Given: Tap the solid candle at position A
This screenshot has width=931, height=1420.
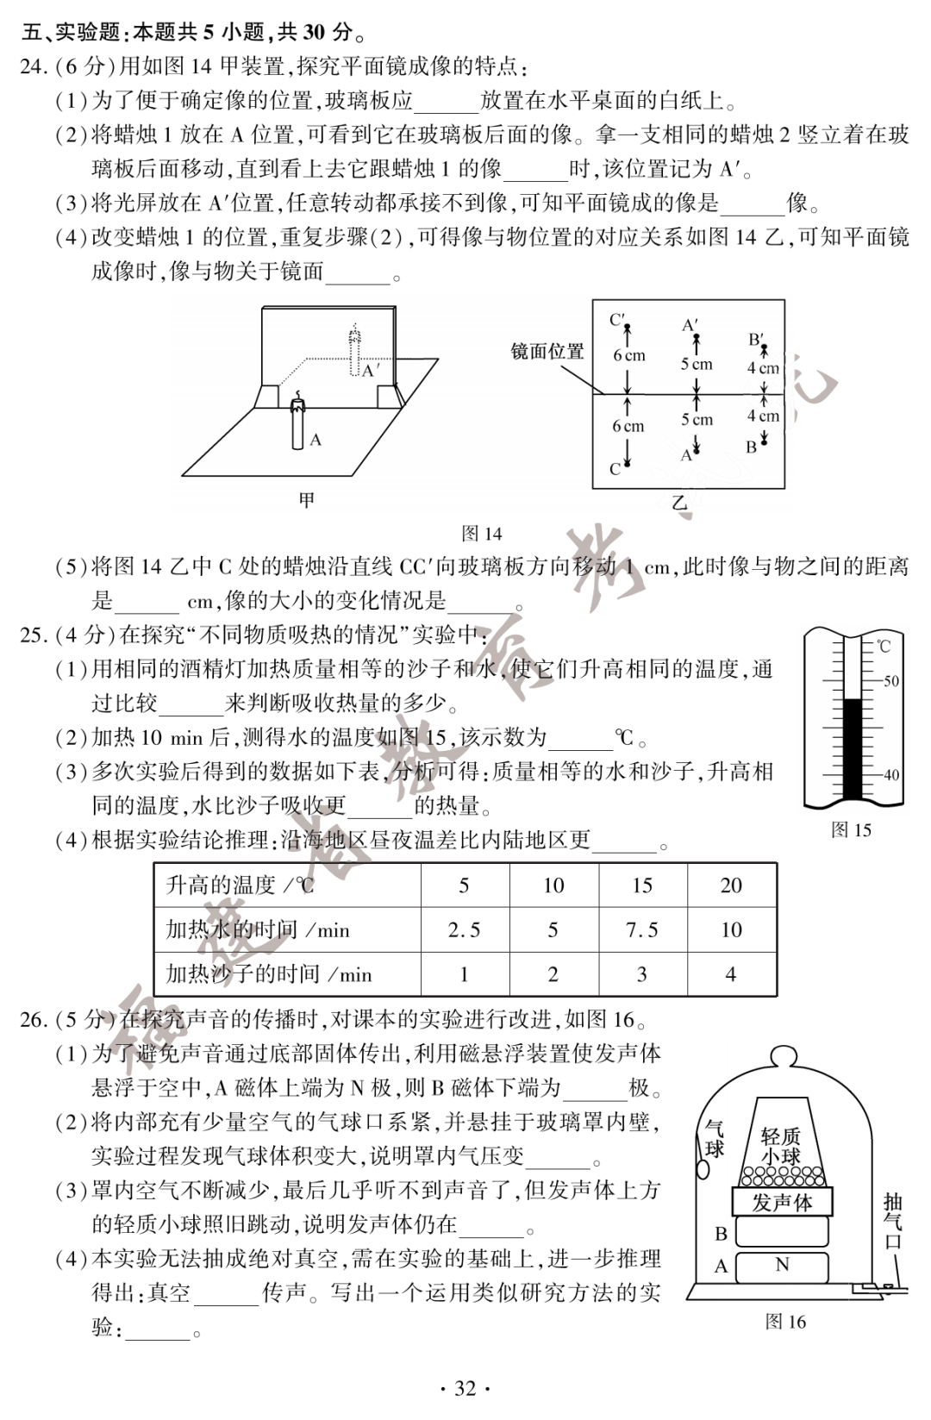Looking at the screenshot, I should [297, 425].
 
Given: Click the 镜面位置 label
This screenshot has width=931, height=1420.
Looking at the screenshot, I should [547, 352].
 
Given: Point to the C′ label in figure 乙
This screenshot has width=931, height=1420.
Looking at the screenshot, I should [618, 320].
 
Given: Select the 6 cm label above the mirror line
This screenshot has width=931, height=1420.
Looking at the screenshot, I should [628, 355].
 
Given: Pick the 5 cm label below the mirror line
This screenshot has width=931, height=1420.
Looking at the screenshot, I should [697, 420].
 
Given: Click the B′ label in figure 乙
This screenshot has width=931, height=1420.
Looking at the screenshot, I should [756, 339].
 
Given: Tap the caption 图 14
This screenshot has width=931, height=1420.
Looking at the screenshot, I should [482, 534].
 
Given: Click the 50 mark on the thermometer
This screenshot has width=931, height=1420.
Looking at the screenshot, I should [890, 680].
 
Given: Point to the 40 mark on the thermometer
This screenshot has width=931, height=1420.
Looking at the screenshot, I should [890, 774].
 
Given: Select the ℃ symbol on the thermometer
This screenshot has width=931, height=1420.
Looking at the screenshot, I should [884, 646].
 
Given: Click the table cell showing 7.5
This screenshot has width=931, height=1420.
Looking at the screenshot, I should [641, 929].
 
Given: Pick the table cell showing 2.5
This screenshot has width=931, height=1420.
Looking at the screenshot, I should [464, 929].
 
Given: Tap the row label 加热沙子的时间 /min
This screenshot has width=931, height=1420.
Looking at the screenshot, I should [269, 974].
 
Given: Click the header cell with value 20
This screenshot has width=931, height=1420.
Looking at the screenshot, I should [731, 885].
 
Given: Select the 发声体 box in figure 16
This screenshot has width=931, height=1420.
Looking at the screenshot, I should [782, 1202].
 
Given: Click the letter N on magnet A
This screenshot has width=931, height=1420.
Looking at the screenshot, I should [782, 1265].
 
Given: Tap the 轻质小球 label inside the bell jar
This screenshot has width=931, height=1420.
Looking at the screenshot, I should [780, 1147].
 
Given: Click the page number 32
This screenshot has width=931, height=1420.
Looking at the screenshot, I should [465, 1388].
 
